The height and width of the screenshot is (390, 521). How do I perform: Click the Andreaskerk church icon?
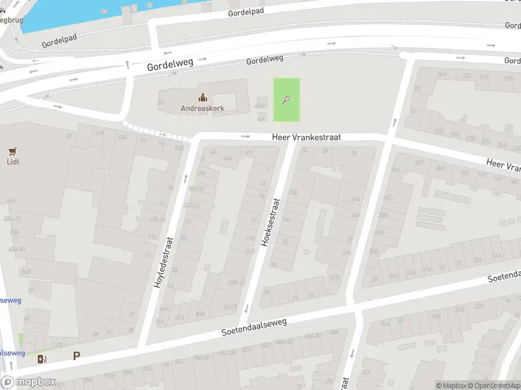203,97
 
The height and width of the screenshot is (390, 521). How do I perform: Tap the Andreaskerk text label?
203,109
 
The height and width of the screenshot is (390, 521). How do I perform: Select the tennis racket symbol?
286,99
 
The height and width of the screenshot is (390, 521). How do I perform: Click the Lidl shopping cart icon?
12,151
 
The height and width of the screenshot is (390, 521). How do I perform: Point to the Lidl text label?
12,161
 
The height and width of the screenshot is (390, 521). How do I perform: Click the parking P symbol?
77,356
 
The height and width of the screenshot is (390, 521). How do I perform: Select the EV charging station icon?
42,359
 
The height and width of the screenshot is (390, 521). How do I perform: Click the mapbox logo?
29,382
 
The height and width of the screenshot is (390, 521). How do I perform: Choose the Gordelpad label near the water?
59,41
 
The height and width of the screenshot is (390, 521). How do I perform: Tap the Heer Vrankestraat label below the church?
306,137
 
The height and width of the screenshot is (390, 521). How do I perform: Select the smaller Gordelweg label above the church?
264,60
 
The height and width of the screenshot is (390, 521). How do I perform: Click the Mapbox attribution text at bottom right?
452,385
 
